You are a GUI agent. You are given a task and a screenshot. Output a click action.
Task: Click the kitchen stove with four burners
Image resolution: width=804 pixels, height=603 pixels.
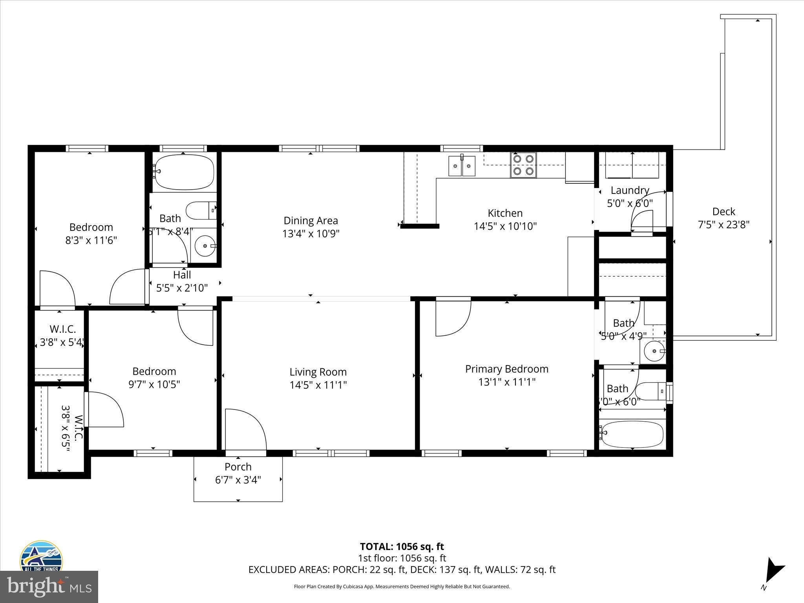click(523, 165)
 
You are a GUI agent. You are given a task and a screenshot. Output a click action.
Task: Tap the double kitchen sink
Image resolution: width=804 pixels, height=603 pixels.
click(462, 166)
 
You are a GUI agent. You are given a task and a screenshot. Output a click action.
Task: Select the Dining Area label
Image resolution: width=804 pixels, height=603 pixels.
click(311, 221)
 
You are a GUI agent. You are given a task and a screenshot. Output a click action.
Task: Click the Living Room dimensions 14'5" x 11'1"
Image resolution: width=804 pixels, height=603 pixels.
click(318, 385)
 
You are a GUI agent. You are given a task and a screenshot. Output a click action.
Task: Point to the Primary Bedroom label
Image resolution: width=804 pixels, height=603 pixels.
click(506, 369)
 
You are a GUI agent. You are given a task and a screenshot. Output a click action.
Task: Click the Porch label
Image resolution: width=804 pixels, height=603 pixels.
click(238, 467)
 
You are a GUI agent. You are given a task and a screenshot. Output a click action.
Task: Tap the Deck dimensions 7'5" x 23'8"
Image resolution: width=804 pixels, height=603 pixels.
click(724, 225)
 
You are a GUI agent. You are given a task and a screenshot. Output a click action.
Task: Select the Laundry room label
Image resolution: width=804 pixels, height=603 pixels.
click(630, 190)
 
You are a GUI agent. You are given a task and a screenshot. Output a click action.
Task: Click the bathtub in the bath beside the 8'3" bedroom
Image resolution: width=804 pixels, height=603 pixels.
click(184, 172)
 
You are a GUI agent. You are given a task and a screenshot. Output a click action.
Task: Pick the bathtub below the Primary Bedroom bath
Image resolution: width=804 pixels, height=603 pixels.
click(632, 434)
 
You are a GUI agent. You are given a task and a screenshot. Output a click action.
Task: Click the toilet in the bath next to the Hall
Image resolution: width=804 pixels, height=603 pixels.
click(201, 211)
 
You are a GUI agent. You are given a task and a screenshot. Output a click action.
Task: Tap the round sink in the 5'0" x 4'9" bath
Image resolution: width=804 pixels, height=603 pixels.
click(654, 351)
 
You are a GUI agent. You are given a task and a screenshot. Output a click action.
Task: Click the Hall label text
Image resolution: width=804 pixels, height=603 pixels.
click(182, 275)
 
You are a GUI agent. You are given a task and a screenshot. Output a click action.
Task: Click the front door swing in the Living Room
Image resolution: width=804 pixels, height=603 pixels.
click(245, 430)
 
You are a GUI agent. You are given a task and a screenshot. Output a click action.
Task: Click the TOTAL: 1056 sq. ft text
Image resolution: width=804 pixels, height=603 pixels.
click(402, 546)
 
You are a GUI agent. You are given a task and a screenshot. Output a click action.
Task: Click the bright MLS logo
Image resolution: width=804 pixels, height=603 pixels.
click(49, 587)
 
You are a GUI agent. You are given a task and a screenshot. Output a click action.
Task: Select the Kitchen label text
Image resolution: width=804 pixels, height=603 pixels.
click(505, 213)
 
